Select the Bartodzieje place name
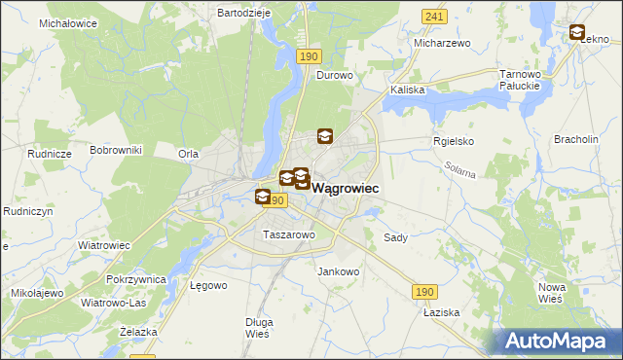coord(242,13)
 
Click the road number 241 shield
coord(434,17)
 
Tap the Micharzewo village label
coord(442,44)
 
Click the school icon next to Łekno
coord(576,33)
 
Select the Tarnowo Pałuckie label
coord(519,80)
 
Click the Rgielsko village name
coord(453,141)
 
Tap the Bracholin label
coord(575,139)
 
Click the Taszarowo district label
coord(289,234)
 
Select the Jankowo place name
coord(339,272)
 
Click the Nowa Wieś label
coord(553,292)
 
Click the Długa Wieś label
coord(259,328)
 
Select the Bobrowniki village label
coord(116,150)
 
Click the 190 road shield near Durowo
coord(308,57)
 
